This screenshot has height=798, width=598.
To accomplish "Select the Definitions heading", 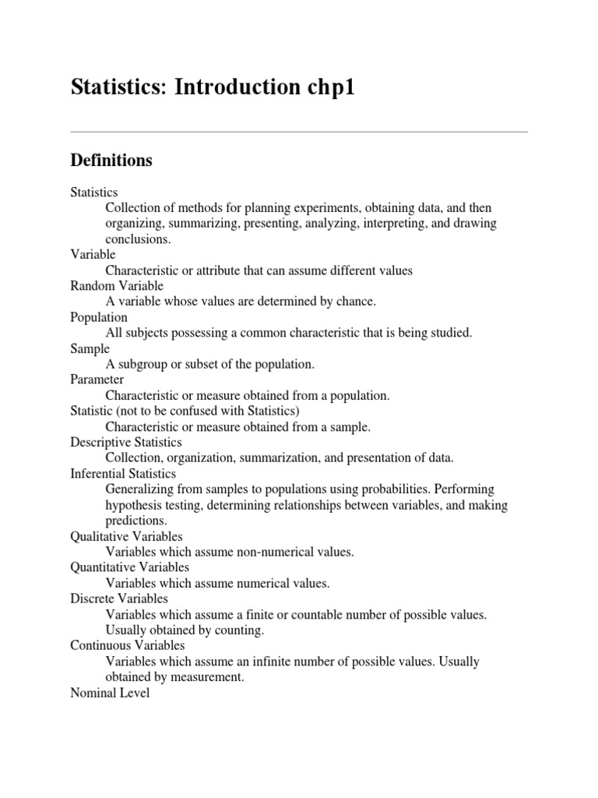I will [111, 161].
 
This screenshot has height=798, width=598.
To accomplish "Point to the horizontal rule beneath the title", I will [299, 132].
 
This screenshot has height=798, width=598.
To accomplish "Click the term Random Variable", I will [117, 286].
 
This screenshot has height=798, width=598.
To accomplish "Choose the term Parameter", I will [97, 380].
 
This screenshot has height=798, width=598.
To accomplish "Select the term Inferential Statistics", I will [123, 473].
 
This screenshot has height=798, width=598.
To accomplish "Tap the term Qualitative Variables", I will [126, 536].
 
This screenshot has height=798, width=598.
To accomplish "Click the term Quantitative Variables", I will [129, 567].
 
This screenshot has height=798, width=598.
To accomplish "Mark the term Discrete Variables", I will [119, 598].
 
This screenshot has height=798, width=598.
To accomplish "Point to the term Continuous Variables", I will [128, 645].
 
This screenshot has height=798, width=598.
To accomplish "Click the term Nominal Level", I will [110, 692].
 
